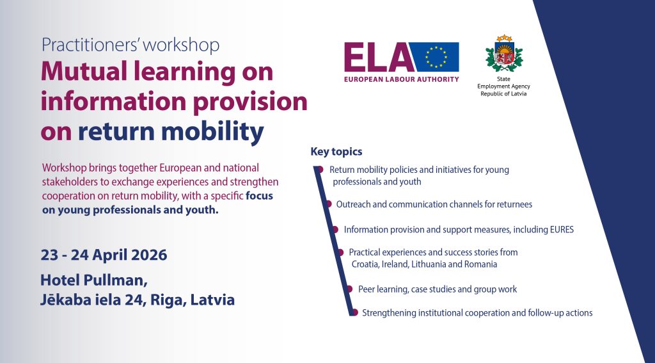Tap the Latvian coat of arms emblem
(x=504, y=53)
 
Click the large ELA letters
(x=376, y=57)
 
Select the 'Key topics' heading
(x=336, y=151)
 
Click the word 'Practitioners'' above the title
(x=86, y=45)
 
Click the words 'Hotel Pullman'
(x=93, y=280)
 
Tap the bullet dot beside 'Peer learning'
(x=350, y=289)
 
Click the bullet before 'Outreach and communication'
(x=328, y=204)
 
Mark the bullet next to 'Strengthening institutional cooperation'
(x=354, y=312)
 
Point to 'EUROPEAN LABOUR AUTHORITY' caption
(x=402, y=79)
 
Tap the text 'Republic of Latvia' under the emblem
(x=503, y=93)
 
